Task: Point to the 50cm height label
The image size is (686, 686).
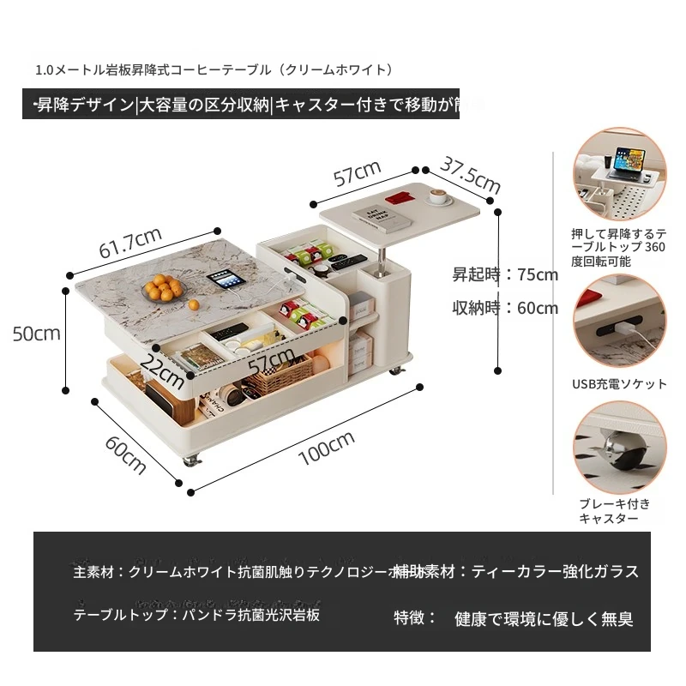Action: coord(37,333)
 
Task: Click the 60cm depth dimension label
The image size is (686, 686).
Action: coord(125,455)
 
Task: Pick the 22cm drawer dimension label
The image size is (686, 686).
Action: coord(165,368)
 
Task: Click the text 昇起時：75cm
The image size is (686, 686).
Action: coord(505,275)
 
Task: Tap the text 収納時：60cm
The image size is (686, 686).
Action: coord(505,308)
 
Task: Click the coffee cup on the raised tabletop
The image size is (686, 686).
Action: coord(440,198)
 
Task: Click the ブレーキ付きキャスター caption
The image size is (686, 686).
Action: coord(614,511)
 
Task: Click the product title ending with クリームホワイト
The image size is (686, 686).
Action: coord(215,69)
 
